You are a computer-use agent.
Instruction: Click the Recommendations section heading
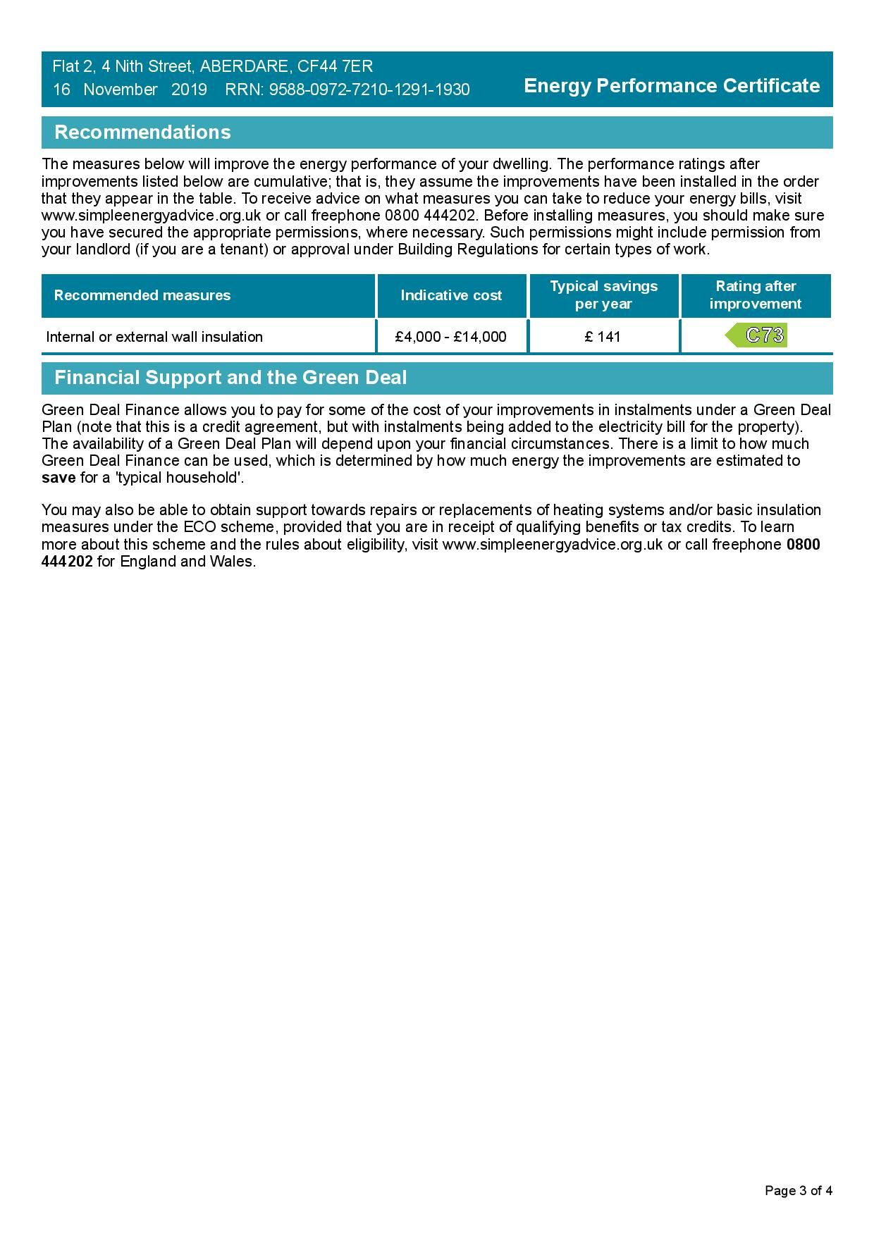(x=142, y=132)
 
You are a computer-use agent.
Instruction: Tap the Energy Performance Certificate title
(x=672, y=86)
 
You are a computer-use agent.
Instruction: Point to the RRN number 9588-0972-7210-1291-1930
(x=369, y=90)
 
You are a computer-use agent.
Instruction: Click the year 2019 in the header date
(x=189, y=90)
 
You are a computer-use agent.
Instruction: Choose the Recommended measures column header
(x=142, y=295)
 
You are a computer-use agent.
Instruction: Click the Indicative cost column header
(x=451, y=295)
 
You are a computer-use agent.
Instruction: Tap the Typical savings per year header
(x=603, y=295)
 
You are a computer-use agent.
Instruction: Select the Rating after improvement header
(x=756, y=295)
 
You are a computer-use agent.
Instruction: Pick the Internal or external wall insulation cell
(x=154, y=337)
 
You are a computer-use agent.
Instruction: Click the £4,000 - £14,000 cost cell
(x=451, y=337)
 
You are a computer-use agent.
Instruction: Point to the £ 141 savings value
(x=603, y=337)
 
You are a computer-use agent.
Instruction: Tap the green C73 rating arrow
(x=757, y=335)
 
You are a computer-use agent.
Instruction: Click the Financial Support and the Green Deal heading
(x=230, y=378)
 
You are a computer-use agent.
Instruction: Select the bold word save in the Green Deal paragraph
(x=59, y=478)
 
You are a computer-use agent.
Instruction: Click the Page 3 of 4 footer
(x=799, y=1191)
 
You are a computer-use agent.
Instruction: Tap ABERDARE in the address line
(x=244, y=67)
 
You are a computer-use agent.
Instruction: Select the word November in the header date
(x=121, y=90)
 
